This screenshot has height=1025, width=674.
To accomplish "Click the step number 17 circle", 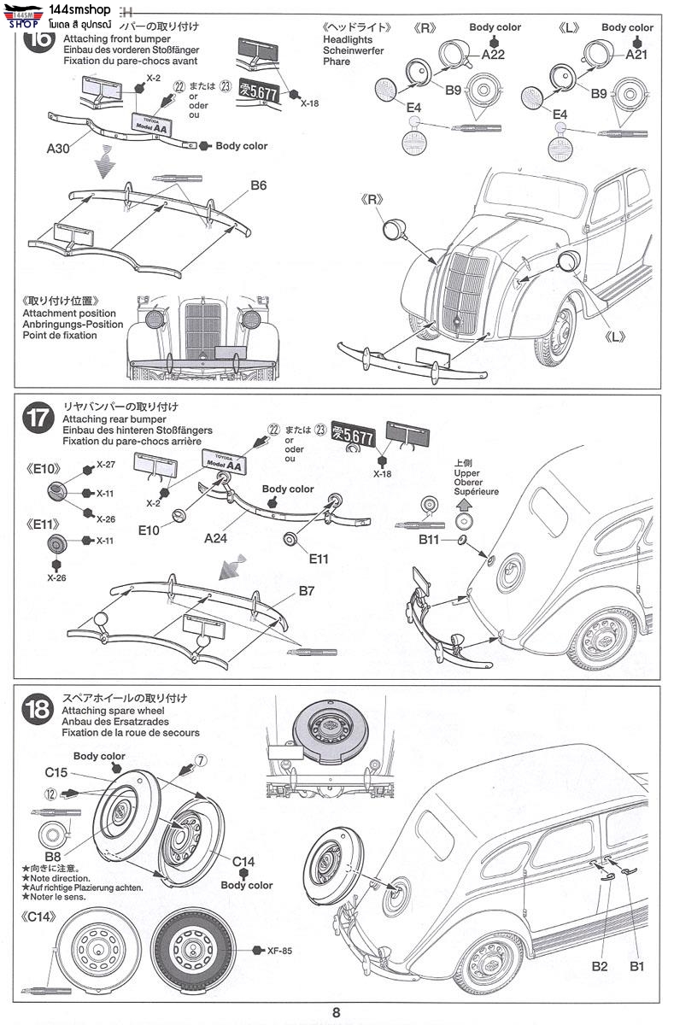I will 39,419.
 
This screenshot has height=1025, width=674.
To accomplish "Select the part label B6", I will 259,184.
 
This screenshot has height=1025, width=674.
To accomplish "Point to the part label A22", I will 494,55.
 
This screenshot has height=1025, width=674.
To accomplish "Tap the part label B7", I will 308,591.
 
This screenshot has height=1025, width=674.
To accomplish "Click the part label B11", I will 429,540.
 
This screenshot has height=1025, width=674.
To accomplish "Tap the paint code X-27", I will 106,465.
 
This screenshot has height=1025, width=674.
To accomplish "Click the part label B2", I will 599,966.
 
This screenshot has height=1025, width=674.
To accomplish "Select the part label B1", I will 636,966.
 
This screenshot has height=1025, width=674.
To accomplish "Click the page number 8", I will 337,1012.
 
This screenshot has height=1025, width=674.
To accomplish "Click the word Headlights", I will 348,40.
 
